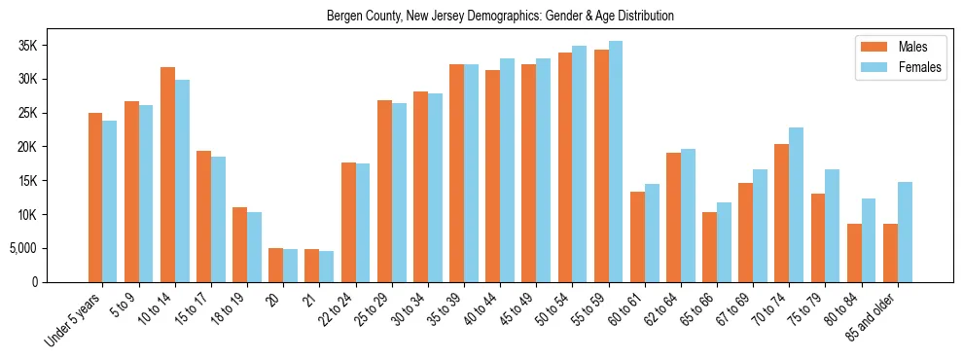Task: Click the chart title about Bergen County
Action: tap(500, 17)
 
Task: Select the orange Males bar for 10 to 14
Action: tap(167, 175)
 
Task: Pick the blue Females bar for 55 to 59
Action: tap(615, 162)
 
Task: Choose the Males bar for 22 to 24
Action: tap(348, 222)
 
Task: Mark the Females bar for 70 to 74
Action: tap(796, 204)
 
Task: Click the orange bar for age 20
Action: tap(276, 265)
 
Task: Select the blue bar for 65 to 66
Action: tap(724, 242)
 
